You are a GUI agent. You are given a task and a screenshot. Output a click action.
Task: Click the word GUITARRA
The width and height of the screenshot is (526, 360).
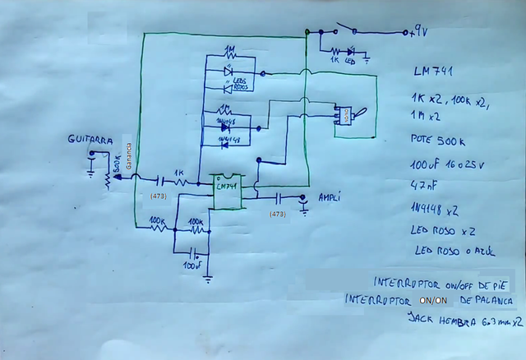tap(90, 141)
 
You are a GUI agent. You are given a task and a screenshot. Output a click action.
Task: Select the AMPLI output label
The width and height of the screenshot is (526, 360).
tap(328, 198)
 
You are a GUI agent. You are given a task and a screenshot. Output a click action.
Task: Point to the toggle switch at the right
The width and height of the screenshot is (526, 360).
tap(346, 118)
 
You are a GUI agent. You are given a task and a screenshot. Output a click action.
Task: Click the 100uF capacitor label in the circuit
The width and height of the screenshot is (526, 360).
tap(192, 266)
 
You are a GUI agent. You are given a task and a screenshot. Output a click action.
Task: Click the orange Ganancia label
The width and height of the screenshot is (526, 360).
tap(128, 153)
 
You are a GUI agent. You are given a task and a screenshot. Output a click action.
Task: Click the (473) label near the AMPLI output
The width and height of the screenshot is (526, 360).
tap(278, 214)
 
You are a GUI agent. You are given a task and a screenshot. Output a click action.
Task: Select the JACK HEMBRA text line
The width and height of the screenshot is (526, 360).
tap(464, 324)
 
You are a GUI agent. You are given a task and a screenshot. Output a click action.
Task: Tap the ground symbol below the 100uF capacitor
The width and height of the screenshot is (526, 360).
tap(207, 280)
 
